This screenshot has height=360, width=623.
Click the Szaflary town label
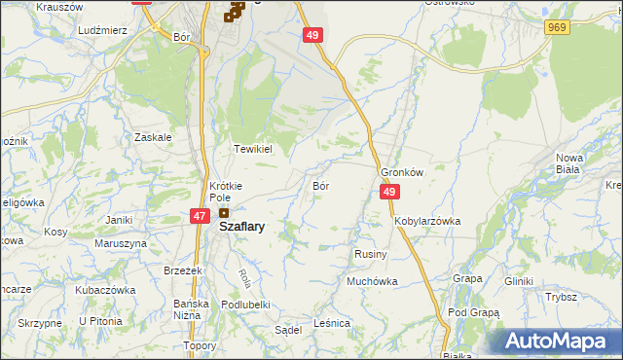pyautogui.click(x=243, y=226)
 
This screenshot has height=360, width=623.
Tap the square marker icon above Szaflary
pyautogui.click(x=224, y=213)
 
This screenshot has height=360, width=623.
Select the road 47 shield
pyautogui.click(x=199, y=216)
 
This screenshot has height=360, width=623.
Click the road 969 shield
pyautogui.click(x=557, y=28)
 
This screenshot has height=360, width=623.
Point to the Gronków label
pyautogui.click(x=403, y=171)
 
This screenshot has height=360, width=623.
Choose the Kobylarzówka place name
pyautogui.click(x=427, y=222)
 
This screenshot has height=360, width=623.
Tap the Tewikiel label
pyautogui.click(x=252, y=149)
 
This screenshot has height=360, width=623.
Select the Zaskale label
pyautogui.click(x=154, y=137)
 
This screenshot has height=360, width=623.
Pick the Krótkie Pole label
pyautogui.click(x=226, y=191)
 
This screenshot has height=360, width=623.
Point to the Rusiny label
pyautogui.click(x=371, y=254)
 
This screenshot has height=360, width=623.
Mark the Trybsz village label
pyautogui.click(x=562, y=297)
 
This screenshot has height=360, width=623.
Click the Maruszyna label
pyautogui.click(x=114, y=243)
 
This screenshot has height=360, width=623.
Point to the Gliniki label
pyautogui.click(x=519, y=281)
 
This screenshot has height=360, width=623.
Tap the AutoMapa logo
pyautogui.click(x=555, y=342)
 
